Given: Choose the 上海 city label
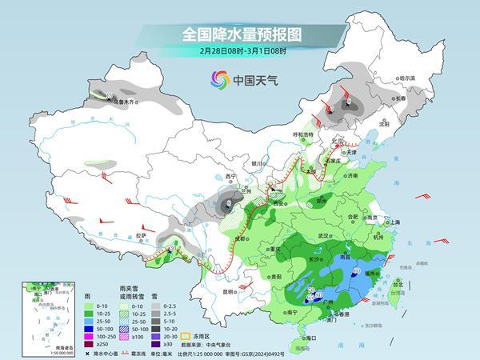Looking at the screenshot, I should click(393, 222).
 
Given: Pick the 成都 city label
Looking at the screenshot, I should click(238, 239).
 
